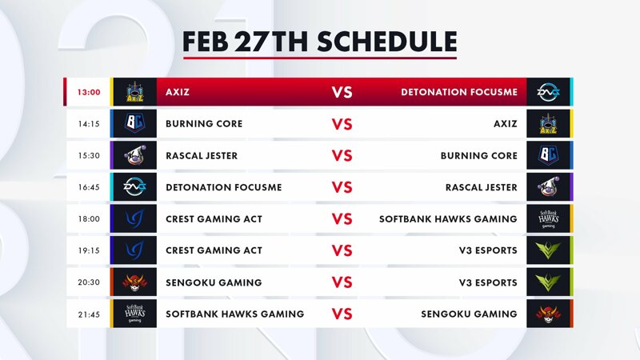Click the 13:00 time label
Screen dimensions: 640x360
tap(89, 92)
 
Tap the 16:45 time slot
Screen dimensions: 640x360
tap(89, 187)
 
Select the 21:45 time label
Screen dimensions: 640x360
tap(89, 314)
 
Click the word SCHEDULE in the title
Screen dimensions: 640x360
tap(387, 42)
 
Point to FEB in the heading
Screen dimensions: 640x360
tap(206, 42)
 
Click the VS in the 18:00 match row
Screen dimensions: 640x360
tap(342, 219)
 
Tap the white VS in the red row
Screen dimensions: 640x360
tap(342, 92)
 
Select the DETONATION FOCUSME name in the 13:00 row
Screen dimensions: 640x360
tap(459, 92)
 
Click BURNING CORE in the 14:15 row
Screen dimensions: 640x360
tap(204, 124)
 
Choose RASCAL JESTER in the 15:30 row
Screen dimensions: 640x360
tap(202, 155)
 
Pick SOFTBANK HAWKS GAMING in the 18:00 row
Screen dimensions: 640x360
tap(448, 219)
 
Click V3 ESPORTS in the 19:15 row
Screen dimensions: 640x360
tap(488, 250)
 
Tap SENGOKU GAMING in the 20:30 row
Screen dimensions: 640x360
tap(214, 282)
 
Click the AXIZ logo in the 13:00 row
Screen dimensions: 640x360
tap(134, 92)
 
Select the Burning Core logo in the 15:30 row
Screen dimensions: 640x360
tap(548, 155)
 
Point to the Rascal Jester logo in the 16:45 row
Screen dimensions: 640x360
tap(548, 187)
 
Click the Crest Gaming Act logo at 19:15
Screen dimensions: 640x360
tap(134, 250)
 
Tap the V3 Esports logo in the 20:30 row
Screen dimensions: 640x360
tap(548, 282)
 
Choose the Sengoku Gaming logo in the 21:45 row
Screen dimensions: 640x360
tap(548, 314)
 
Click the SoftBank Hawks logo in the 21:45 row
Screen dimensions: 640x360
tap(134, 314)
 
